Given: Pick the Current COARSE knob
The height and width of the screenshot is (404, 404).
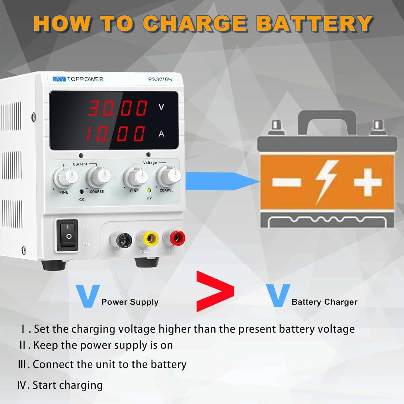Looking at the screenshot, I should [x=99, y=176].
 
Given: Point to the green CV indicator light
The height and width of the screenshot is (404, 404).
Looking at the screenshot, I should [x=148, y=190].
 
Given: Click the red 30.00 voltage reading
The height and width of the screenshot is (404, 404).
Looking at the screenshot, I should [x=118, y=108].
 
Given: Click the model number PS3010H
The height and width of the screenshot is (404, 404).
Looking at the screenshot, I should [x=160, y=79].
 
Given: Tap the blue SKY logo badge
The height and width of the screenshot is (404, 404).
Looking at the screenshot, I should [x=59, y=79].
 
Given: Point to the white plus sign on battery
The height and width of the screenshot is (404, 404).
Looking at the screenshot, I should [x=367, y=182].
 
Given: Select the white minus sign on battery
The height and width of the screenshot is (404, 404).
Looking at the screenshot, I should [x=286, y=182].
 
